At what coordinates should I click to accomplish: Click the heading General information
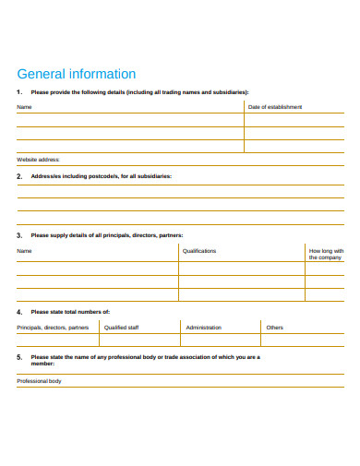click(x=77, y=74)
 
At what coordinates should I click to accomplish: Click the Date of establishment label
click(x=275, y=107)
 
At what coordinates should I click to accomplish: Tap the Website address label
click(x=38, y=159)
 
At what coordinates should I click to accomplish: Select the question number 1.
click(x=19, y=92)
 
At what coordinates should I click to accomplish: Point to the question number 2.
click(x=19, y=174)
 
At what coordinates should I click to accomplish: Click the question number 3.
click(x=19, y=235)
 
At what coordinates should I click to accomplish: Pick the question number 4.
click(x=19, y=312)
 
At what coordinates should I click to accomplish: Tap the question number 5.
click(x=19, y=356)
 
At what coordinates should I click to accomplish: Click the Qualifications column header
click(x=199, y=251)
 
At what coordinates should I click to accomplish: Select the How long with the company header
click(x=326, y=254)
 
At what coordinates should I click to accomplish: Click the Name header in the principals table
click(x=24, y=251)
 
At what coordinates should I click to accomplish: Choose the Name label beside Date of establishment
click(x=24, y=107)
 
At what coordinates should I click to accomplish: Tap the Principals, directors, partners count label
click(x=53, y=328)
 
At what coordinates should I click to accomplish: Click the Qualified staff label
click(x=122, y=328)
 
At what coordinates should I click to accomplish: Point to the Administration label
click(x=203, y=328)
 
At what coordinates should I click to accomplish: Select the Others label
click(x=275, y=328)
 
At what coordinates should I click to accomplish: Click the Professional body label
click(x=39, y=380)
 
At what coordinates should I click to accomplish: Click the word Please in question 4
click(x=40, y=312)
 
